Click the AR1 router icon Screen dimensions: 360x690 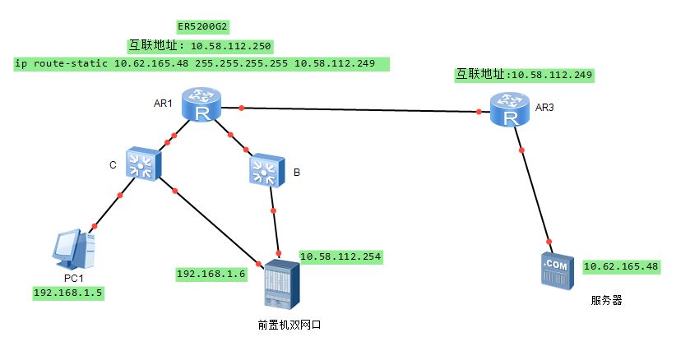pos(198,106)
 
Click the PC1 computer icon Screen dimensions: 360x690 pos(73,250)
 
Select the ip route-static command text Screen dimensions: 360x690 pos(201,63)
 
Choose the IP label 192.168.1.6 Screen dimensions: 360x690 pos(212,274)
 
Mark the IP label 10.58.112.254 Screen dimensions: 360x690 pos(340,256)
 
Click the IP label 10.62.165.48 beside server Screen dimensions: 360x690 pos(621,267)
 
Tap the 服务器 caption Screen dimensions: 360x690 pos(606,301)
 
